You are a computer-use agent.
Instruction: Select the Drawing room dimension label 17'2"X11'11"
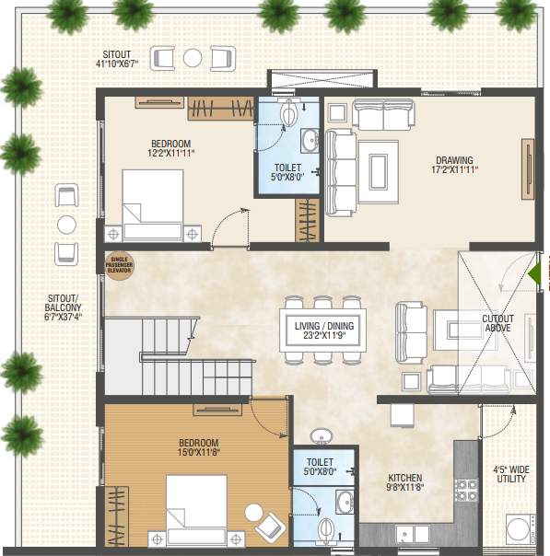click(455, 165)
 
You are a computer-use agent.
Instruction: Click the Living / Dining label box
click(318, 330)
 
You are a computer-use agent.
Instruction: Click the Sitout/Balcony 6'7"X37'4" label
click(64, 307)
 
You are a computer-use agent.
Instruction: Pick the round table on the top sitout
click(192, 58)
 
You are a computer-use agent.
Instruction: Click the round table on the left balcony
click(66, 224)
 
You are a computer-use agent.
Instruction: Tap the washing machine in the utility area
click(519, 533)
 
